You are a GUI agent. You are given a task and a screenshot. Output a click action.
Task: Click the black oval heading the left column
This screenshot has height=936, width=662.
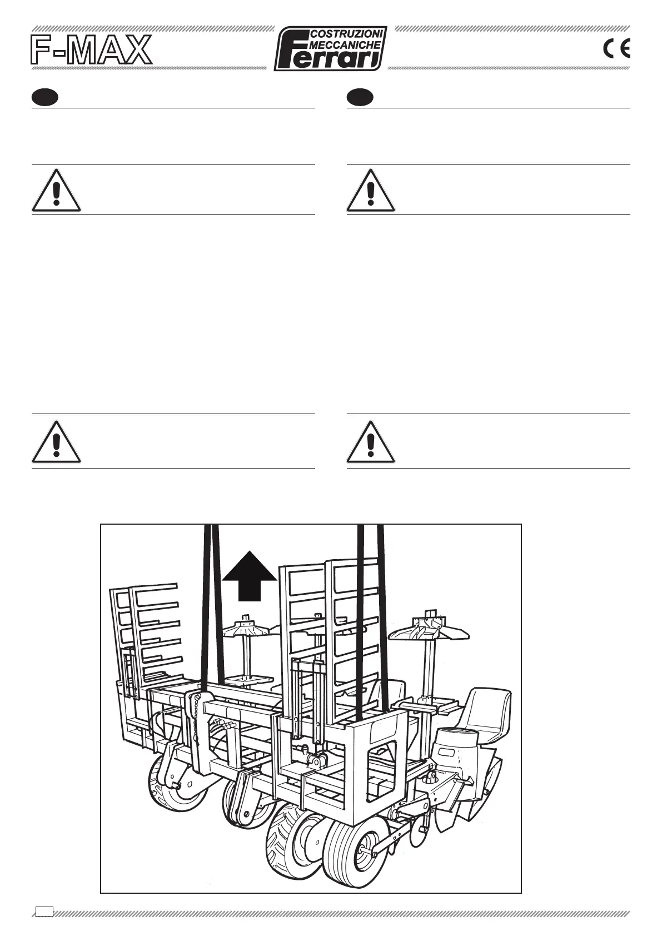pos(45,97)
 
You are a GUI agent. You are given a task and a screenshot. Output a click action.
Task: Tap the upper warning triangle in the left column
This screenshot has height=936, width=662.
pos(56,191)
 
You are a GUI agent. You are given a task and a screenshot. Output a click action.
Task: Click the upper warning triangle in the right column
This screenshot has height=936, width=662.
pos(371,191)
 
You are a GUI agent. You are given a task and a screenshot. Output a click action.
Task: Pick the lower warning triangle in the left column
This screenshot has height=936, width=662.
pos(56,443)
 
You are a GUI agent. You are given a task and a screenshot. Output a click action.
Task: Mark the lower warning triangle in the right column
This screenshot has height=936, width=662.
pos(371,443)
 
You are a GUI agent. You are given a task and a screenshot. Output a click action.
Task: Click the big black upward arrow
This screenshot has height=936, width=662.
pos(250,575)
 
